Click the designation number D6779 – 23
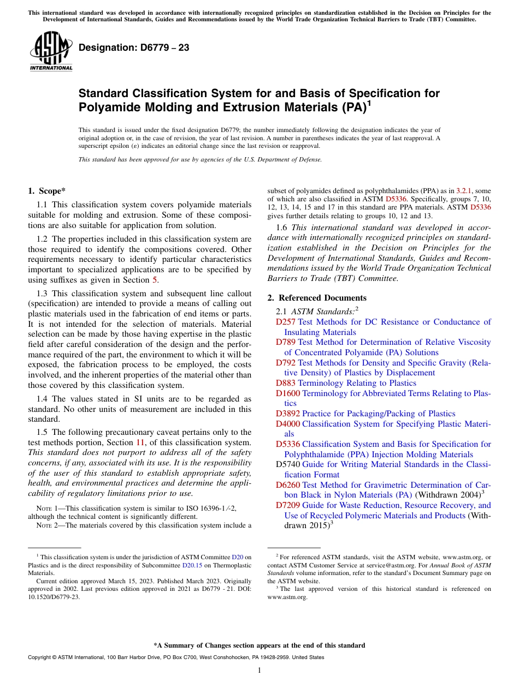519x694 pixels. coord(134,48)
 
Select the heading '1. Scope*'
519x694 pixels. coord(46,191)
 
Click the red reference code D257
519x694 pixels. coord(286,322)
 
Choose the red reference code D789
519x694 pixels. coord(286,342)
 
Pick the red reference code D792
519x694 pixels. coord(286,363)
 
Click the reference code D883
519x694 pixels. coord(286,383)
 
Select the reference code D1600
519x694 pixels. coord(288,393)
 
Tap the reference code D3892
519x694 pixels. coord(288,414)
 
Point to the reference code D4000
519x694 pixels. coord(288,424)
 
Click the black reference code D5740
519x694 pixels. coord(288,464)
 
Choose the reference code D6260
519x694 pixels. coord(288,485)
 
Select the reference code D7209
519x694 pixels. coord(288,505)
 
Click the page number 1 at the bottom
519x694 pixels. coord(259,671)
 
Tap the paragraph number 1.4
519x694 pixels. coord(42,399)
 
